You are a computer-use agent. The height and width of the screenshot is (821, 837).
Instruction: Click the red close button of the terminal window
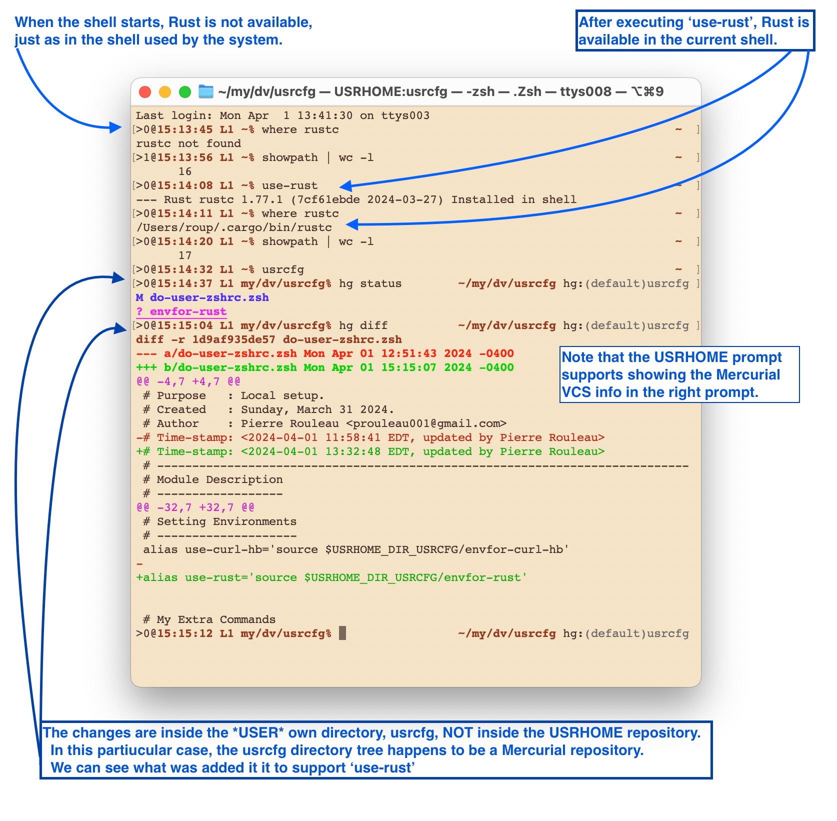pos(145,92)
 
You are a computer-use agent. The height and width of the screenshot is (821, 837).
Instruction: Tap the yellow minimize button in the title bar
pos(165,92)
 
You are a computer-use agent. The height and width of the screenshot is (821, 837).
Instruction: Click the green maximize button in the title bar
pos(185,92)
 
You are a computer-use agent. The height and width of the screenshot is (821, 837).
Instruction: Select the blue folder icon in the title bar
pos(205,91)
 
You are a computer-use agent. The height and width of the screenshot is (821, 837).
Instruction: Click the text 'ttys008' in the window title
pos(585,92)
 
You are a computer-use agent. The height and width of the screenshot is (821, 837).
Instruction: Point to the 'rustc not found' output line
pos(188,144)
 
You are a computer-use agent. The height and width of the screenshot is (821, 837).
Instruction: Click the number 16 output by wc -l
pos(185,172)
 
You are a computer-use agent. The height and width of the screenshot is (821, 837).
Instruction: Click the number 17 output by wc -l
pos(185,256)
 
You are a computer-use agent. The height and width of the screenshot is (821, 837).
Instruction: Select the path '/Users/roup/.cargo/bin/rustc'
pos(234,228)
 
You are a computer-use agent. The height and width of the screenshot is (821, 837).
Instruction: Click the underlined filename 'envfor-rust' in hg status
pos(188,312)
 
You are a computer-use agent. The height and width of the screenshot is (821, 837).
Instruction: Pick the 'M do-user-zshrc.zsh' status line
pos(202,298)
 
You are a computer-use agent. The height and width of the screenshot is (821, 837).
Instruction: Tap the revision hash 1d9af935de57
pos(233,340)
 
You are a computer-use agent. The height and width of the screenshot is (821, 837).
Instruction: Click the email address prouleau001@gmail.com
pos(426,424)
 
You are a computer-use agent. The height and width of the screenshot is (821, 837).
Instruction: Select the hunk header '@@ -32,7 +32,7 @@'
pos(195,508)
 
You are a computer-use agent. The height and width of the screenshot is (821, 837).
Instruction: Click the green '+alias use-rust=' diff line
pos(331,578)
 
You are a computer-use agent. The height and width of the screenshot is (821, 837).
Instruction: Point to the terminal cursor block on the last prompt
pos(342,633)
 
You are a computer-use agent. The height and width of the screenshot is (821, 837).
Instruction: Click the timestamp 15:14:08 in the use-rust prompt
pos(185,186)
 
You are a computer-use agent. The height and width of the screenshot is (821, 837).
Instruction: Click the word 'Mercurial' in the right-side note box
pos(748,375)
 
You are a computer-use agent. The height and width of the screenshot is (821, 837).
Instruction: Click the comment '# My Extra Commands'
pos(209,620)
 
